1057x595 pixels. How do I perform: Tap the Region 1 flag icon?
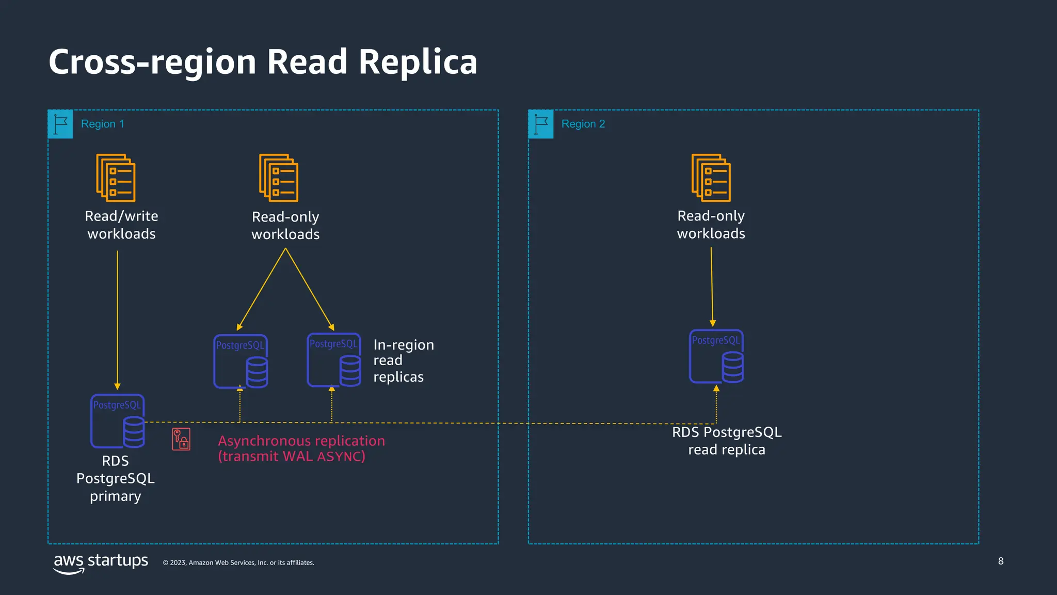[x=60, y=124]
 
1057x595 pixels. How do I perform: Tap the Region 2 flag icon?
[x=541, y=124]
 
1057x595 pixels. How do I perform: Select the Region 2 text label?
[x=583, y=124]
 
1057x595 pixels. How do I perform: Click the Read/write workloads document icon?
[x=116, y=178]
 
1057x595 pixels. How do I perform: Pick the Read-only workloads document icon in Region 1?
[x=279, y=178]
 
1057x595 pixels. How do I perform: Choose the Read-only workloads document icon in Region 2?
[x=711, y=178]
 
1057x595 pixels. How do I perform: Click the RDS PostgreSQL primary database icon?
[x=118, y=421]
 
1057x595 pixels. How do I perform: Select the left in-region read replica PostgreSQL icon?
[x=241, y=362]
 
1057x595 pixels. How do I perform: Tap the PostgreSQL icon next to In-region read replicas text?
[x=334, y=360]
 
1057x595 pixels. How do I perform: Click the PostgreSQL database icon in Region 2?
[x=716, y=356]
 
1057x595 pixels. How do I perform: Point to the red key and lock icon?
[x=181, y=439]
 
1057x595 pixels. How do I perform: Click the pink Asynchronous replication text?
[x=301, y=448]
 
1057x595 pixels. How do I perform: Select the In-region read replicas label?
[x=403, y=361]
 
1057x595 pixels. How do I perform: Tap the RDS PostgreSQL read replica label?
[x=727, y=441]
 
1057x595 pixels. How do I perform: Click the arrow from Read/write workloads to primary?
[x=117, y=320]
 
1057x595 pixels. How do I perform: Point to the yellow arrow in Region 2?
[x=712, y=287]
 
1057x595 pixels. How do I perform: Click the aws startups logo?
[x=101, y=562]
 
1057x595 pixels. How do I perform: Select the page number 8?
[x=1001, y=561]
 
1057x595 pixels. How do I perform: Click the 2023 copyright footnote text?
[x=238, y=562]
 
